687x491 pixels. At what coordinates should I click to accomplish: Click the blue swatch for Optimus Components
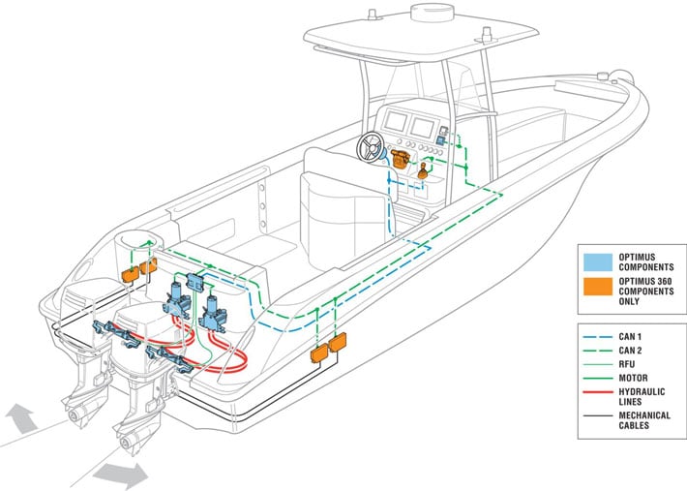[x=593, y=261]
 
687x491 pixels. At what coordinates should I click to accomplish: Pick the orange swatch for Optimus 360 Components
[x=593, y=290]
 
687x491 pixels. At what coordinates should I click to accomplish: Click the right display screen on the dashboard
[x=426, y=126]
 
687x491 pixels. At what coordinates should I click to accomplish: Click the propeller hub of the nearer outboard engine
[x=125, y=446]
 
